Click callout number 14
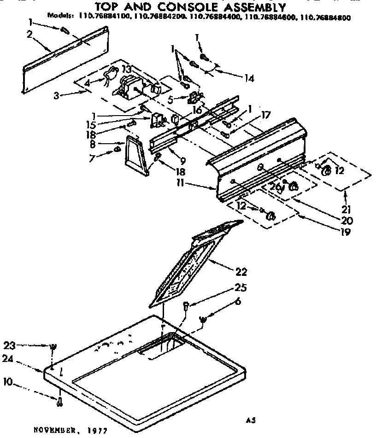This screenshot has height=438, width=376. coord(249,78)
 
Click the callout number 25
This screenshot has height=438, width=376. coord(241,288)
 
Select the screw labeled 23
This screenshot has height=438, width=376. coord(53,347)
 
